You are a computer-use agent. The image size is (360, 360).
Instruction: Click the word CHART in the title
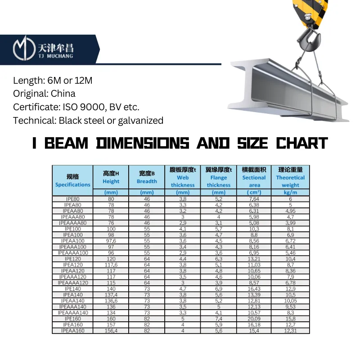(x=301, y=144)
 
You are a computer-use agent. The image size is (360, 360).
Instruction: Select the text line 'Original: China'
(x=44, y=94)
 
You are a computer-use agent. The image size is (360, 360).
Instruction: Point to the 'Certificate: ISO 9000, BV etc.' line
(x=76, y=107)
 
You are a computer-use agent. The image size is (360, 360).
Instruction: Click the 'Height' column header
(x=111, y=177)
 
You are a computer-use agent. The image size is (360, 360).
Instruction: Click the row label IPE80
(x=72, y=199)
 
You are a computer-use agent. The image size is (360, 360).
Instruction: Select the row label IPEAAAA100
(x=72, y=253)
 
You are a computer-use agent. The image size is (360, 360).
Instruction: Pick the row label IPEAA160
(x=72, y=331)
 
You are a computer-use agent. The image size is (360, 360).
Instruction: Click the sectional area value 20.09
(x=254, y=319)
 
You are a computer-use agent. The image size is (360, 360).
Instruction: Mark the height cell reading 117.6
(x=111, y=265)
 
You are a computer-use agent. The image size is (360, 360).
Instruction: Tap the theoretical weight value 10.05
(x=290, y=301)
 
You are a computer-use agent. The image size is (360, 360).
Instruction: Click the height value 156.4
(x=111, y=331)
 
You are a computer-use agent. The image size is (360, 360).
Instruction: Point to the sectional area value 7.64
(x=254, y=199)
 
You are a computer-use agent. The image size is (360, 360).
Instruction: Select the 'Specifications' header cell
(x=72, y=180)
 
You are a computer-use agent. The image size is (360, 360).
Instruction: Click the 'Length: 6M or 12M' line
(x=52, y=81)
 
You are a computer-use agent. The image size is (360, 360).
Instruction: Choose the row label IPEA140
(x=72, y=295)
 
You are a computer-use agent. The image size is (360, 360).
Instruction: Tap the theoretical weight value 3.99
(x=290, y=223)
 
